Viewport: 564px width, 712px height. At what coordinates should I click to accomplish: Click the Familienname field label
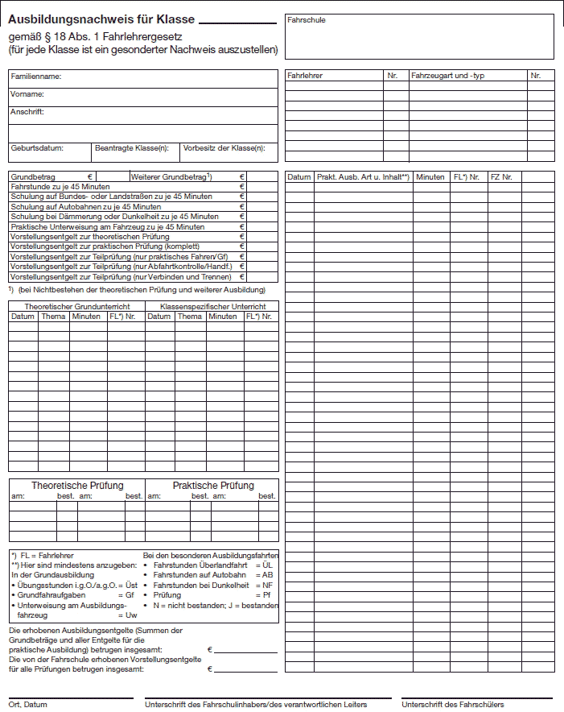36,77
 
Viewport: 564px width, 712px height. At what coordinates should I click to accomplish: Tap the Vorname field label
27,94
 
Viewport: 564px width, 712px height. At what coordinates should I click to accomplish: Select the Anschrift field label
27,111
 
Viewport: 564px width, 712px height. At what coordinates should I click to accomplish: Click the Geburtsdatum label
37,148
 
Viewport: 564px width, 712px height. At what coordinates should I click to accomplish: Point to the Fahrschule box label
307,20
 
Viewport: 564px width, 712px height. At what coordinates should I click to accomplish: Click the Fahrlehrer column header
305,76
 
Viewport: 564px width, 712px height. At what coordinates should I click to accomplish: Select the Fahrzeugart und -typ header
448,76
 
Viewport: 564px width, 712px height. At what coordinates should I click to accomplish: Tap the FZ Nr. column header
501,176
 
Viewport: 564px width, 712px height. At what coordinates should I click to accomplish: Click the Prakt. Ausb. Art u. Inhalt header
363,176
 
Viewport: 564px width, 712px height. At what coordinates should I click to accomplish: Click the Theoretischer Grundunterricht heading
77,307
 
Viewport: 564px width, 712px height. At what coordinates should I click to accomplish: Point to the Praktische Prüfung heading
213,486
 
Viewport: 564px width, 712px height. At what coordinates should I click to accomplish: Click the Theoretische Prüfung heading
77,486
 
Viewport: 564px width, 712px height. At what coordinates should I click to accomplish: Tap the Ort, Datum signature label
28,705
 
